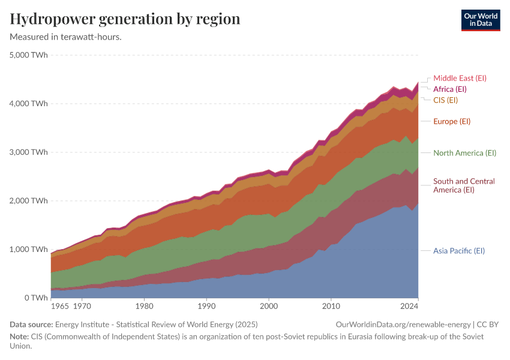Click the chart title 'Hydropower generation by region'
(125, 19)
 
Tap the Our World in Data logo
(480, 20)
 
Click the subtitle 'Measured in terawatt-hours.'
(66, 37)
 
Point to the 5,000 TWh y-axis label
(29, 55)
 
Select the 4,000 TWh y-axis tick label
(29, 104)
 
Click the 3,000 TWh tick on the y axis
(29, 152)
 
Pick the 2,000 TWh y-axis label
(29, 201)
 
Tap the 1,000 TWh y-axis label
(29, 250)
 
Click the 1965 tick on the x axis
(60, 306)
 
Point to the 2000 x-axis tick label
(268, 306)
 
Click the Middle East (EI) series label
(460, 78)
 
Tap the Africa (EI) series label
(454, 89)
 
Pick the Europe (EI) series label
(452, 121)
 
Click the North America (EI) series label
(464, 153)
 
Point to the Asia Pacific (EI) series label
(458, 250)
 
